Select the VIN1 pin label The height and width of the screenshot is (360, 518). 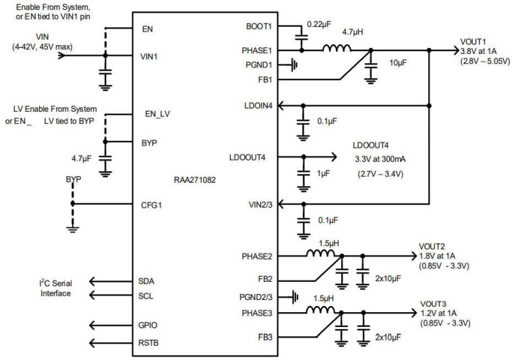point(149,56)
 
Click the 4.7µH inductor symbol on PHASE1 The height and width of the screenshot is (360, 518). point(337,49)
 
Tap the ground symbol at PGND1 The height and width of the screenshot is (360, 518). point(294,65)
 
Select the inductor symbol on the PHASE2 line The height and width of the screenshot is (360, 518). point(322,255)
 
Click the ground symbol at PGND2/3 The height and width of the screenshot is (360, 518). point(294,296)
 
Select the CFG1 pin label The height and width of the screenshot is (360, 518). point(152,204)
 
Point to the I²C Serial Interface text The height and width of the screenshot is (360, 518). point(57,288)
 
